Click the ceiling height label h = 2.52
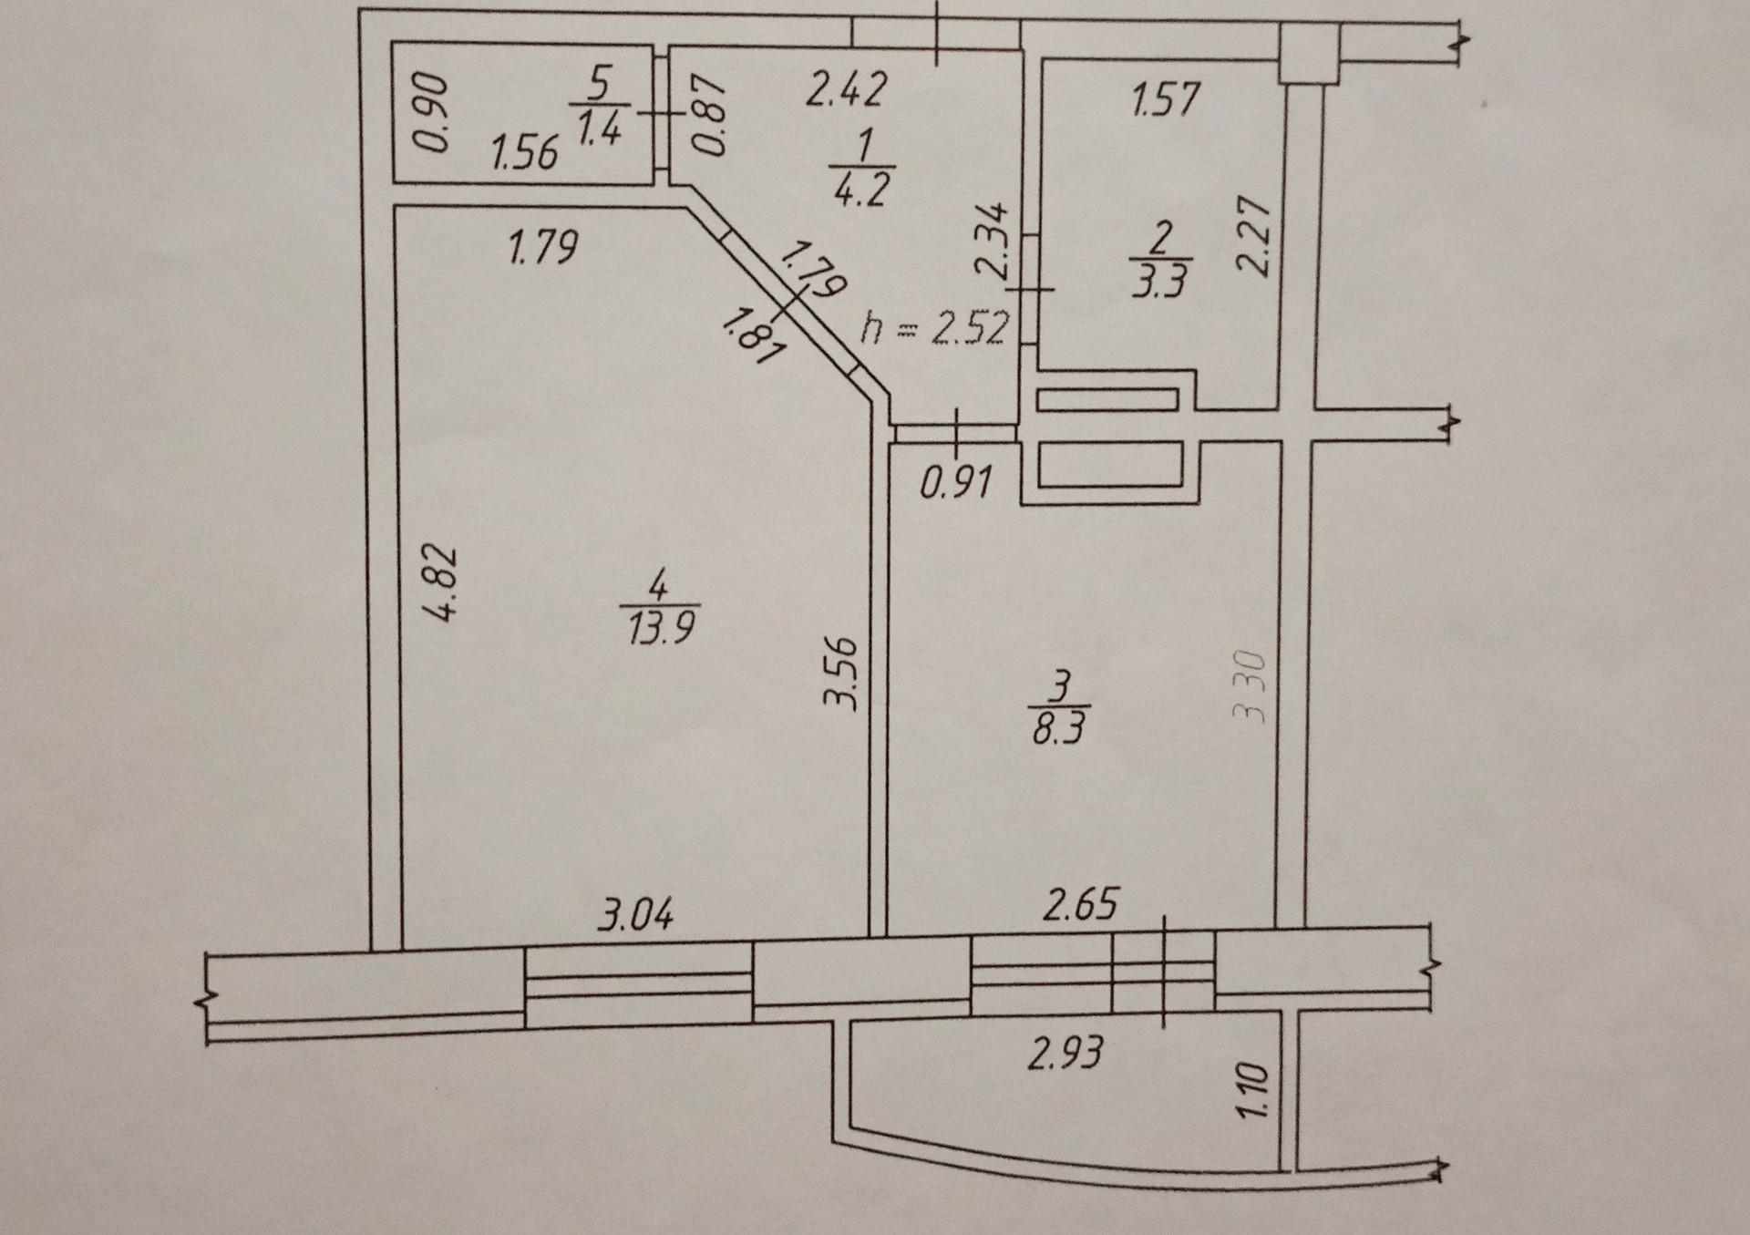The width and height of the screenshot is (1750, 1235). [x=935, y=328]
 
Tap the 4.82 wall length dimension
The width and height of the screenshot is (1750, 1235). [x=442, y=583]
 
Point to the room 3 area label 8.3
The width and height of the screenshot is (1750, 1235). [x=1058, y=729]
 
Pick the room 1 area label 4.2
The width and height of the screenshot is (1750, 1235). [x=860, y=190]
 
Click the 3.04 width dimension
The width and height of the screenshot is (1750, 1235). [x=635, y=914]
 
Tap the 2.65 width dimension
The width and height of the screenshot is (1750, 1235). [x=1080, y=905]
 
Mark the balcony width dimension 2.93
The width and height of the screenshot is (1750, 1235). [x=1065, y=1053]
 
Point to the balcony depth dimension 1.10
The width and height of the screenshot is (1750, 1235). [x=1251, y=1089]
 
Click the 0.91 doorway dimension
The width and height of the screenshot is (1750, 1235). [x=955, y=483]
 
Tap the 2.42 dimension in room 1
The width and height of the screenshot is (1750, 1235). [x=846, y=90]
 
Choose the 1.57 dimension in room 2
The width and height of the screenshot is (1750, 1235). [x=1166, y=98]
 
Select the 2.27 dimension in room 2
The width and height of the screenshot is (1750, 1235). [x=1253, y=236]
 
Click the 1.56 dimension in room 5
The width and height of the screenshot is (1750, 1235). [x=524, y=152]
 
